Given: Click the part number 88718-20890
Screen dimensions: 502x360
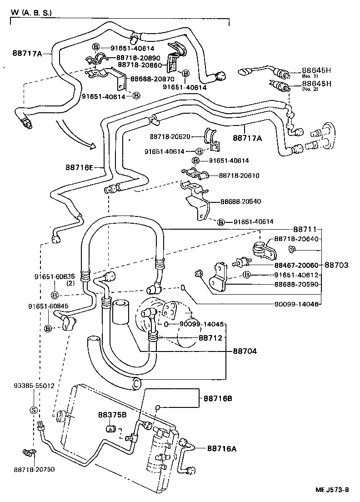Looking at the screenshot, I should coord(138,58).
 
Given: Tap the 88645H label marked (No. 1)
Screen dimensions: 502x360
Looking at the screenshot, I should coord(316,70).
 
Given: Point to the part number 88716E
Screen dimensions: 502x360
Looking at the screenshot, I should coord(79,168).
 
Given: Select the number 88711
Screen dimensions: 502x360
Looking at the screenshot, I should coord(304,230).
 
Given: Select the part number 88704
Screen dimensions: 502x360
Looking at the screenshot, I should coord(245,351).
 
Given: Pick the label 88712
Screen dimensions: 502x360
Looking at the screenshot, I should coord(210,338).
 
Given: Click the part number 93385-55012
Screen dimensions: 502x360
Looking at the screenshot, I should coord(34,385).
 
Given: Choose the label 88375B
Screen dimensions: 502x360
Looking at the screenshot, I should coord(112,415).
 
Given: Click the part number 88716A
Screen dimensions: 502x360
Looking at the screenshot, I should coord(222,448).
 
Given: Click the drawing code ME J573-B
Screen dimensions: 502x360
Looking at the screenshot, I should coord(332,490).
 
